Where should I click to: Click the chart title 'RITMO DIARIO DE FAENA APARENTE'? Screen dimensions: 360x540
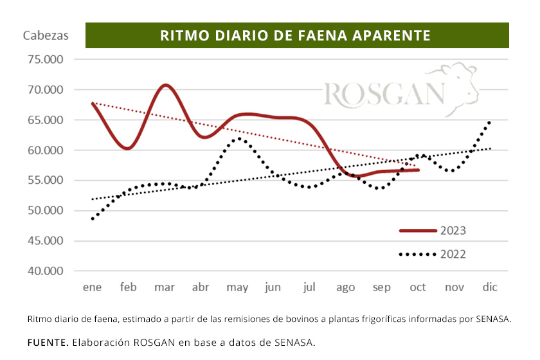click(296, 35)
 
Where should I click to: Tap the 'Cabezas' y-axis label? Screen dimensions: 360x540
click(46, 35)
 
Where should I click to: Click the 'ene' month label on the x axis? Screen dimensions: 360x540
click(93, 287)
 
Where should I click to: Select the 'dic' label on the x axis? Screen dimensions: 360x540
click(491, 287)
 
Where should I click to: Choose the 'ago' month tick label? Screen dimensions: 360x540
click(346, 287)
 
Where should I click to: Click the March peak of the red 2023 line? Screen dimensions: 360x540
click(166, 85)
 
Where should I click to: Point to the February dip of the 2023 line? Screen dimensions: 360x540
click(128, 148)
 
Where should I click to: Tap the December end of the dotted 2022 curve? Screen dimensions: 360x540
click(490, 122)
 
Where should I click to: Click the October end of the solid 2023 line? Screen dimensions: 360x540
click(419, 170)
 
